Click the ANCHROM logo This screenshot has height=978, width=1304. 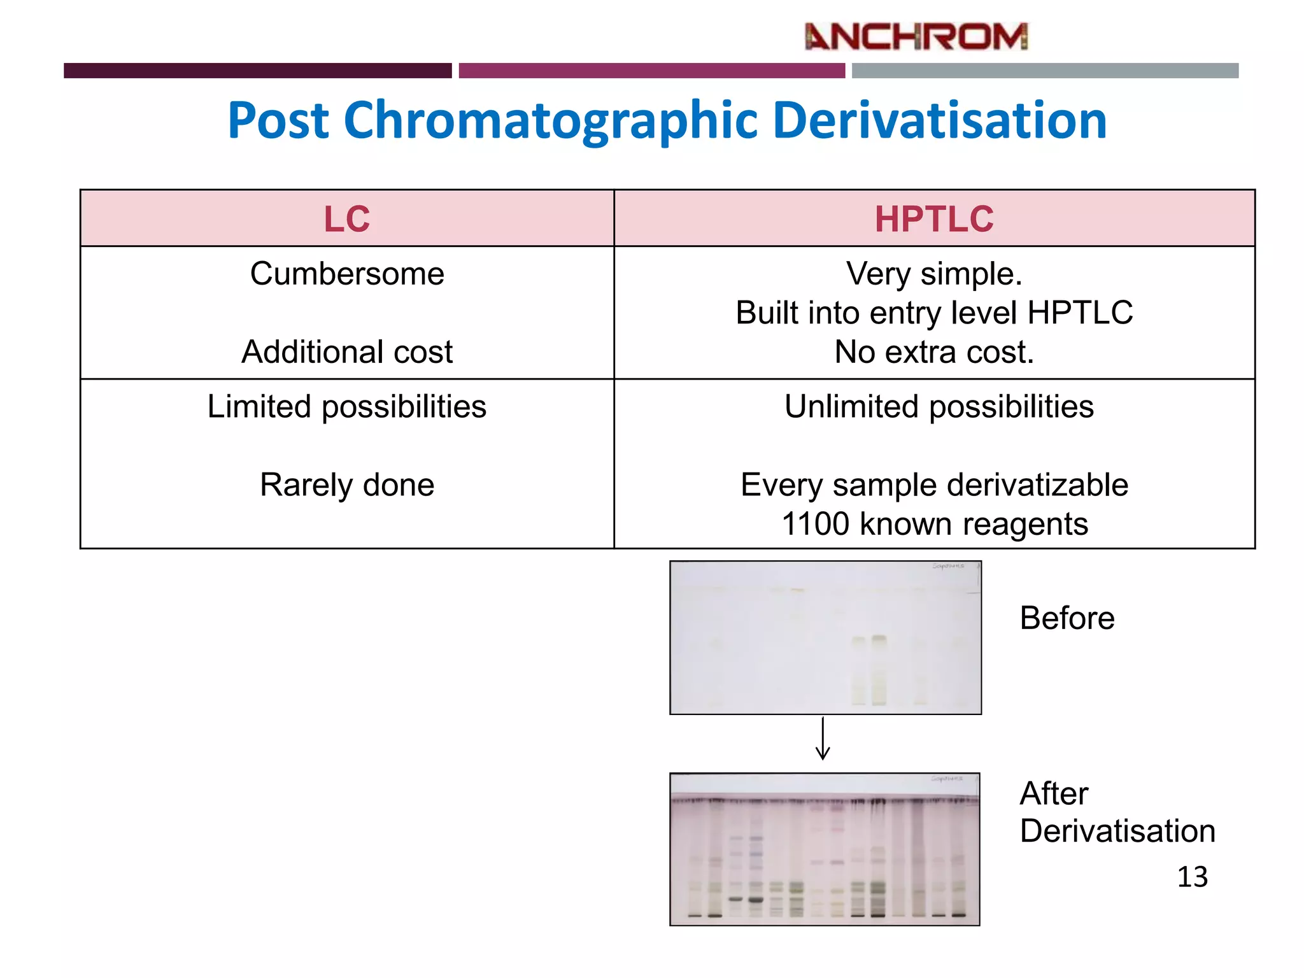916,36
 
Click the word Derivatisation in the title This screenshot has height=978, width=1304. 940,120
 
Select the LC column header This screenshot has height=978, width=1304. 346,219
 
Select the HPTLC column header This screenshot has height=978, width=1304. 933,219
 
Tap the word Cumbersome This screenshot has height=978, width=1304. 347,274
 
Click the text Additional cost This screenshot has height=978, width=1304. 347,352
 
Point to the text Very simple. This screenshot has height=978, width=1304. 934,274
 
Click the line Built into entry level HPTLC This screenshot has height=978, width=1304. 934,313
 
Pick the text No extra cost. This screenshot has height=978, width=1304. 934,352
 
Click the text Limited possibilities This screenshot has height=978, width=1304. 347,407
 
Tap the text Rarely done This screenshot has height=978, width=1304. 347,485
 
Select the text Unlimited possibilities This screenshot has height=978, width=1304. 939,407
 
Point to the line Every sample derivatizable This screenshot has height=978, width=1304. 934,485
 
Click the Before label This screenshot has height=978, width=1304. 1067,618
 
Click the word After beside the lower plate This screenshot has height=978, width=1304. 1054,794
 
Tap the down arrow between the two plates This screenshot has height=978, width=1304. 823,739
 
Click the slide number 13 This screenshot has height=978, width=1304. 1192,877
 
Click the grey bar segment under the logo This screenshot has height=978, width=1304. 1045,71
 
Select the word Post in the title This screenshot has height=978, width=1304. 278,120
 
